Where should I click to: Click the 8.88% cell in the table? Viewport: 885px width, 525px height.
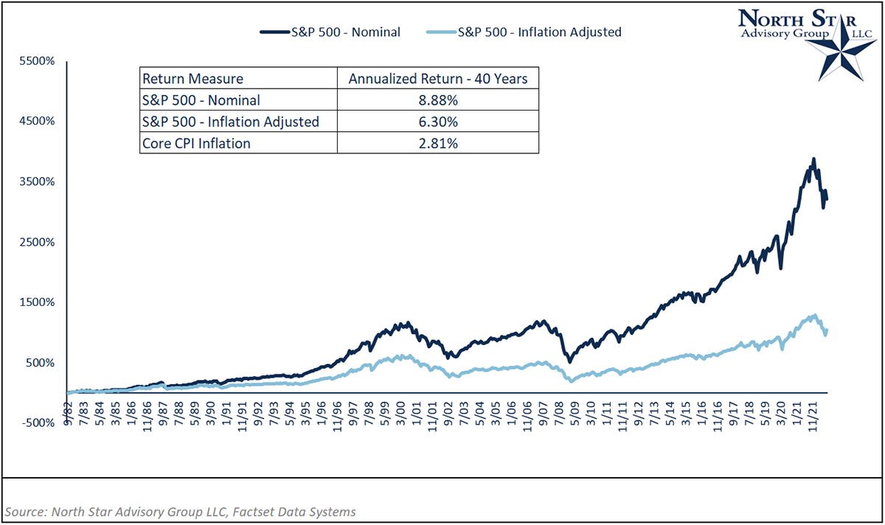point(438,100)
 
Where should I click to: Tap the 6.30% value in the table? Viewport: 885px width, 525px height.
point(438,122)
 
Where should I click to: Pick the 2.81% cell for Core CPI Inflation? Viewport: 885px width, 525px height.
point(438,143)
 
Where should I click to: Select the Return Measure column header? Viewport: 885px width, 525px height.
point(192,79)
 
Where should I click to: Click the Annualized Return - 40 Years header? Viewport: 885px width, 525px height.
point(438,79)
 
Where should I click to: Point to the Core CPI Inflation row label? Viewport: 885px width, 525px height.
point(196,143)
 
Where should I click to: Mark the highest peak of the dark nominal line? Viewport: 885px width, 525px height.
point(813,159)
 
